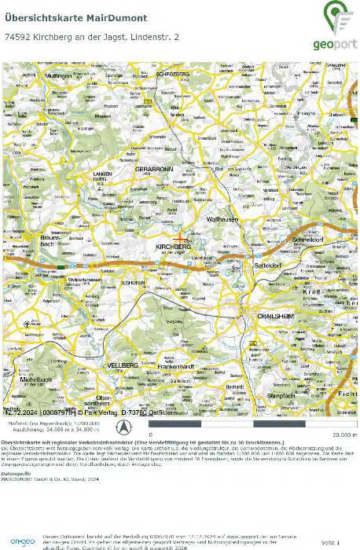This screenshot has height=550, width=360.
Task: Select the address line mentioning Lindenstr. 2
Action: tap(92, 37)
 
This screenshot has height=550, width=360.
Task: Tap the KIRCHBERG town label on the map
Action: tap(174, 247)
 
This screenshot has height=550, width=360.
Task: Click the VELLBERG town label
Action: tap(123, 366)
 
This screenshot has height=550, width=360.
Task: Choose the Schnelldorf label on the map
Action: tap(309, 240)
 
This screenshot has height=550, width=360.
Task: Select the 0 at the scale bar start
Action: tap(173, 434)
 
